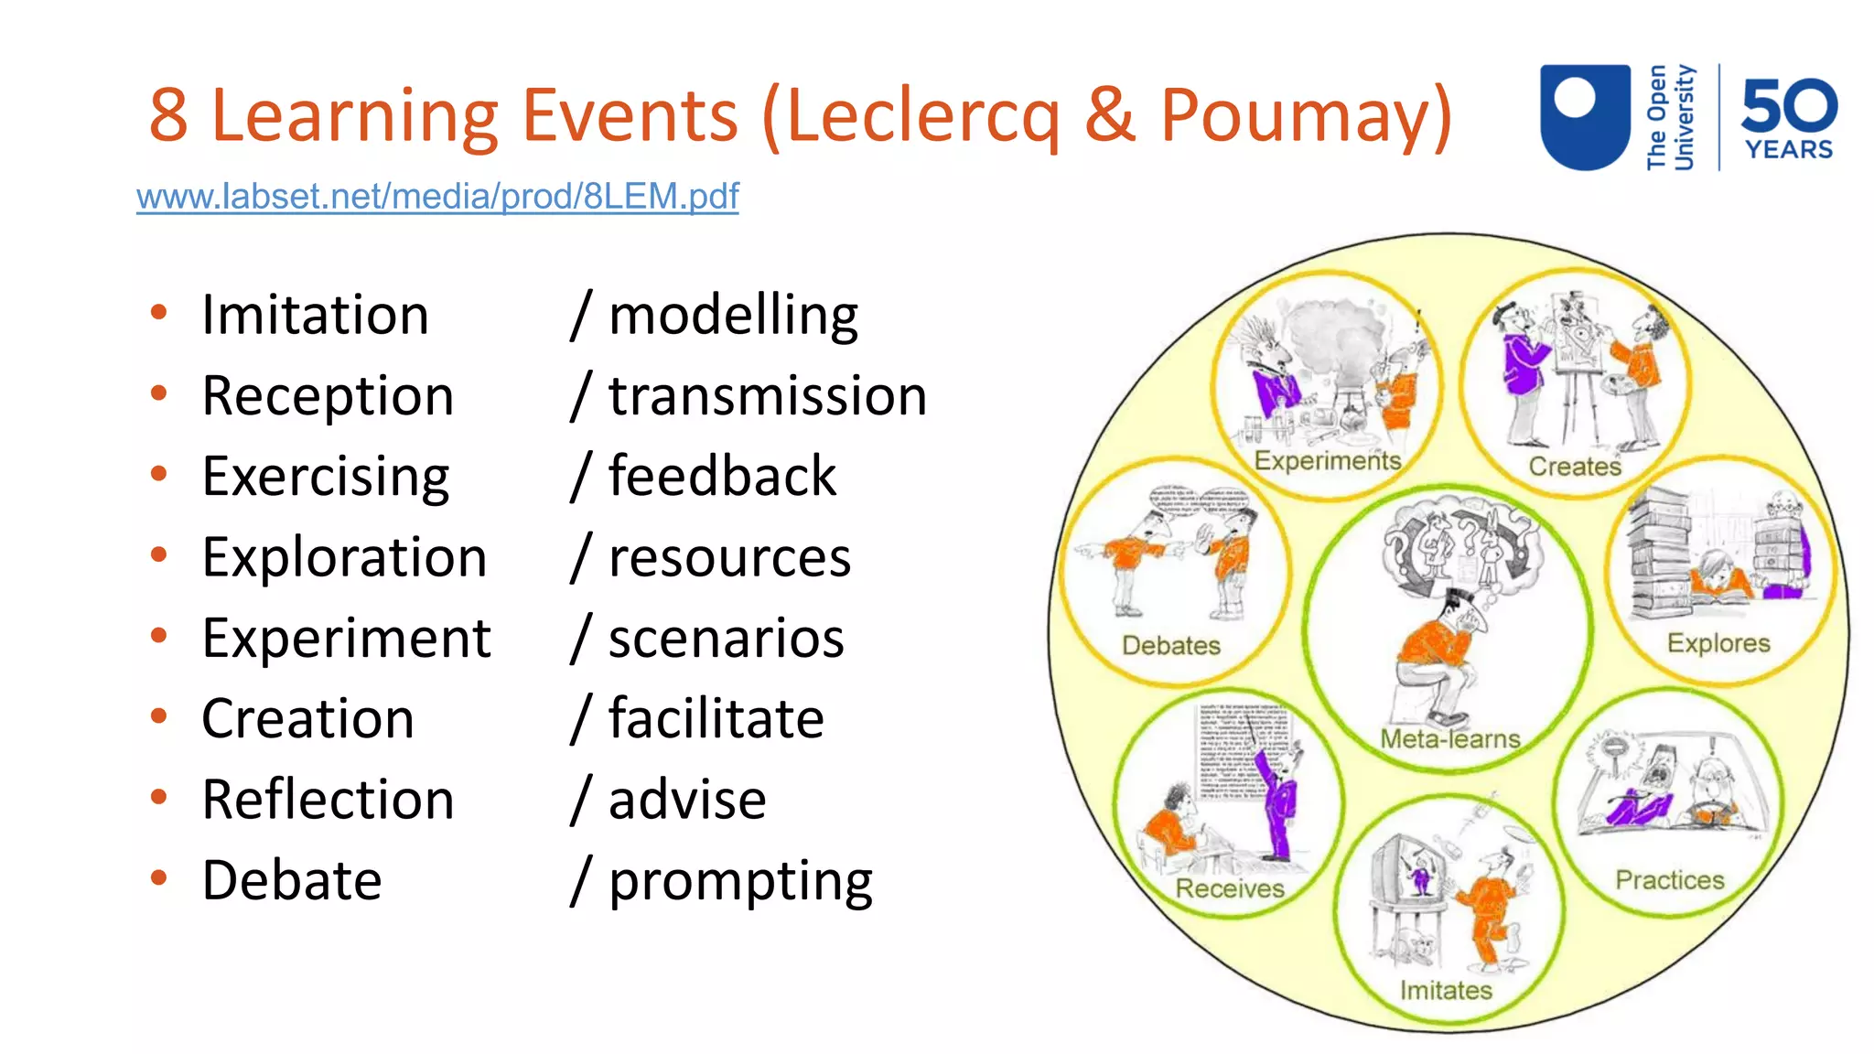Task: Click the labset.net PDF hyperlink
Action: [x=437, y=197]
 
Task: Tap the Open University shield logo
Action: [x=1585, y=116]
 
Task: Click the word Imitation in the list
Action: [x=315, y=316]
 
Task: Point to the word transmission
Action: [x=767, y=396]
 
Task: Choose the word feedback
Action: [x=722, y=477]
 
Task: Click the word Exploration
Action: [x=344, y=557]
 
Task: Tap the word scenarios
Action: [x=726, y=638]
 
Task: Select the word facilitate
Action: [x=716, y=718]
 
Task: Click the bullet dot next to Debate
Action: [x=159, y=878]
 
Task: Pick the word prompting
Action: [x=739, y=881]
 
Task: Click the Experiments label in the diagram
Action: [x=1327, y=460]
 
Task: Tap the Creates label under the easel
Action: [x=1574, y=467]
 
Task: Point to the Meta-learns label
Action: [x=1449, y=738]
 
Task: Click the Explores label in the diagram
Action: [x=1718, y=643]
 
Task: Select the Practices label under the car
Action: [x=1669, y=880]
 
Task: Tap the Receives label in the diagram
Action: [x=1229, y=888]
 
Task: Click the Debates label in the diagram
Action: [x=1170, y=646]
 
